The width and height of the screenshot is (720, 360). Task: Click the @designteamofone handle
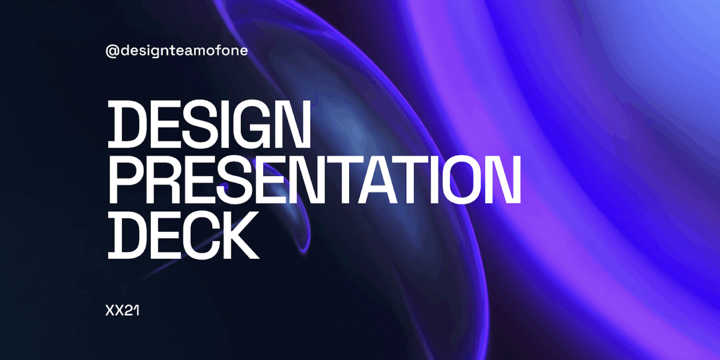176,51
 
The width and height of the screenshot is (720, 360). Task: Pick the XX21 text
122,311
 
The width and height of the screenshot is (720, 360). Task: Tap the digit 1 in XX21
137,311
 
